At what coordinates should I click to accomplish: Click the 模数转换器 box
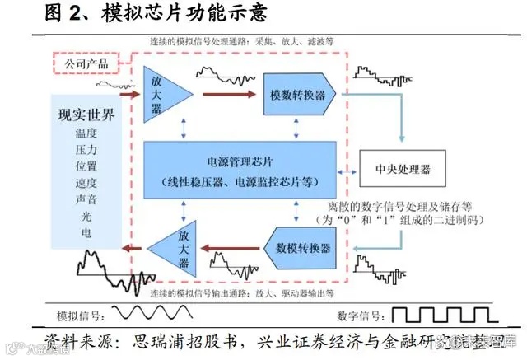(298, 95)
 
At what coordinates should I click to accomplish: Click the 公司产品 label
(84, 63)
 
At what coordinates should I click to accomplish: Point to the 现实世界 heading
(86, 115)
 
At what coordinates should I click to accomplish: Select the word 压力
(86, 150)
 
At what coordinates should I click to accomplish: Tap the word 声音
(86, 201)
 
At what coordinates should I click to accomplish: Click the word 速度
(86, 184)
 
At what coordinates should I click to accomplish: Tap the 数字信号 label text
(359, 314)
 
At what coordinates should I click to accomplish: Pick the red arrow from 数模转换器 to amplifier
(232, 246)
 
